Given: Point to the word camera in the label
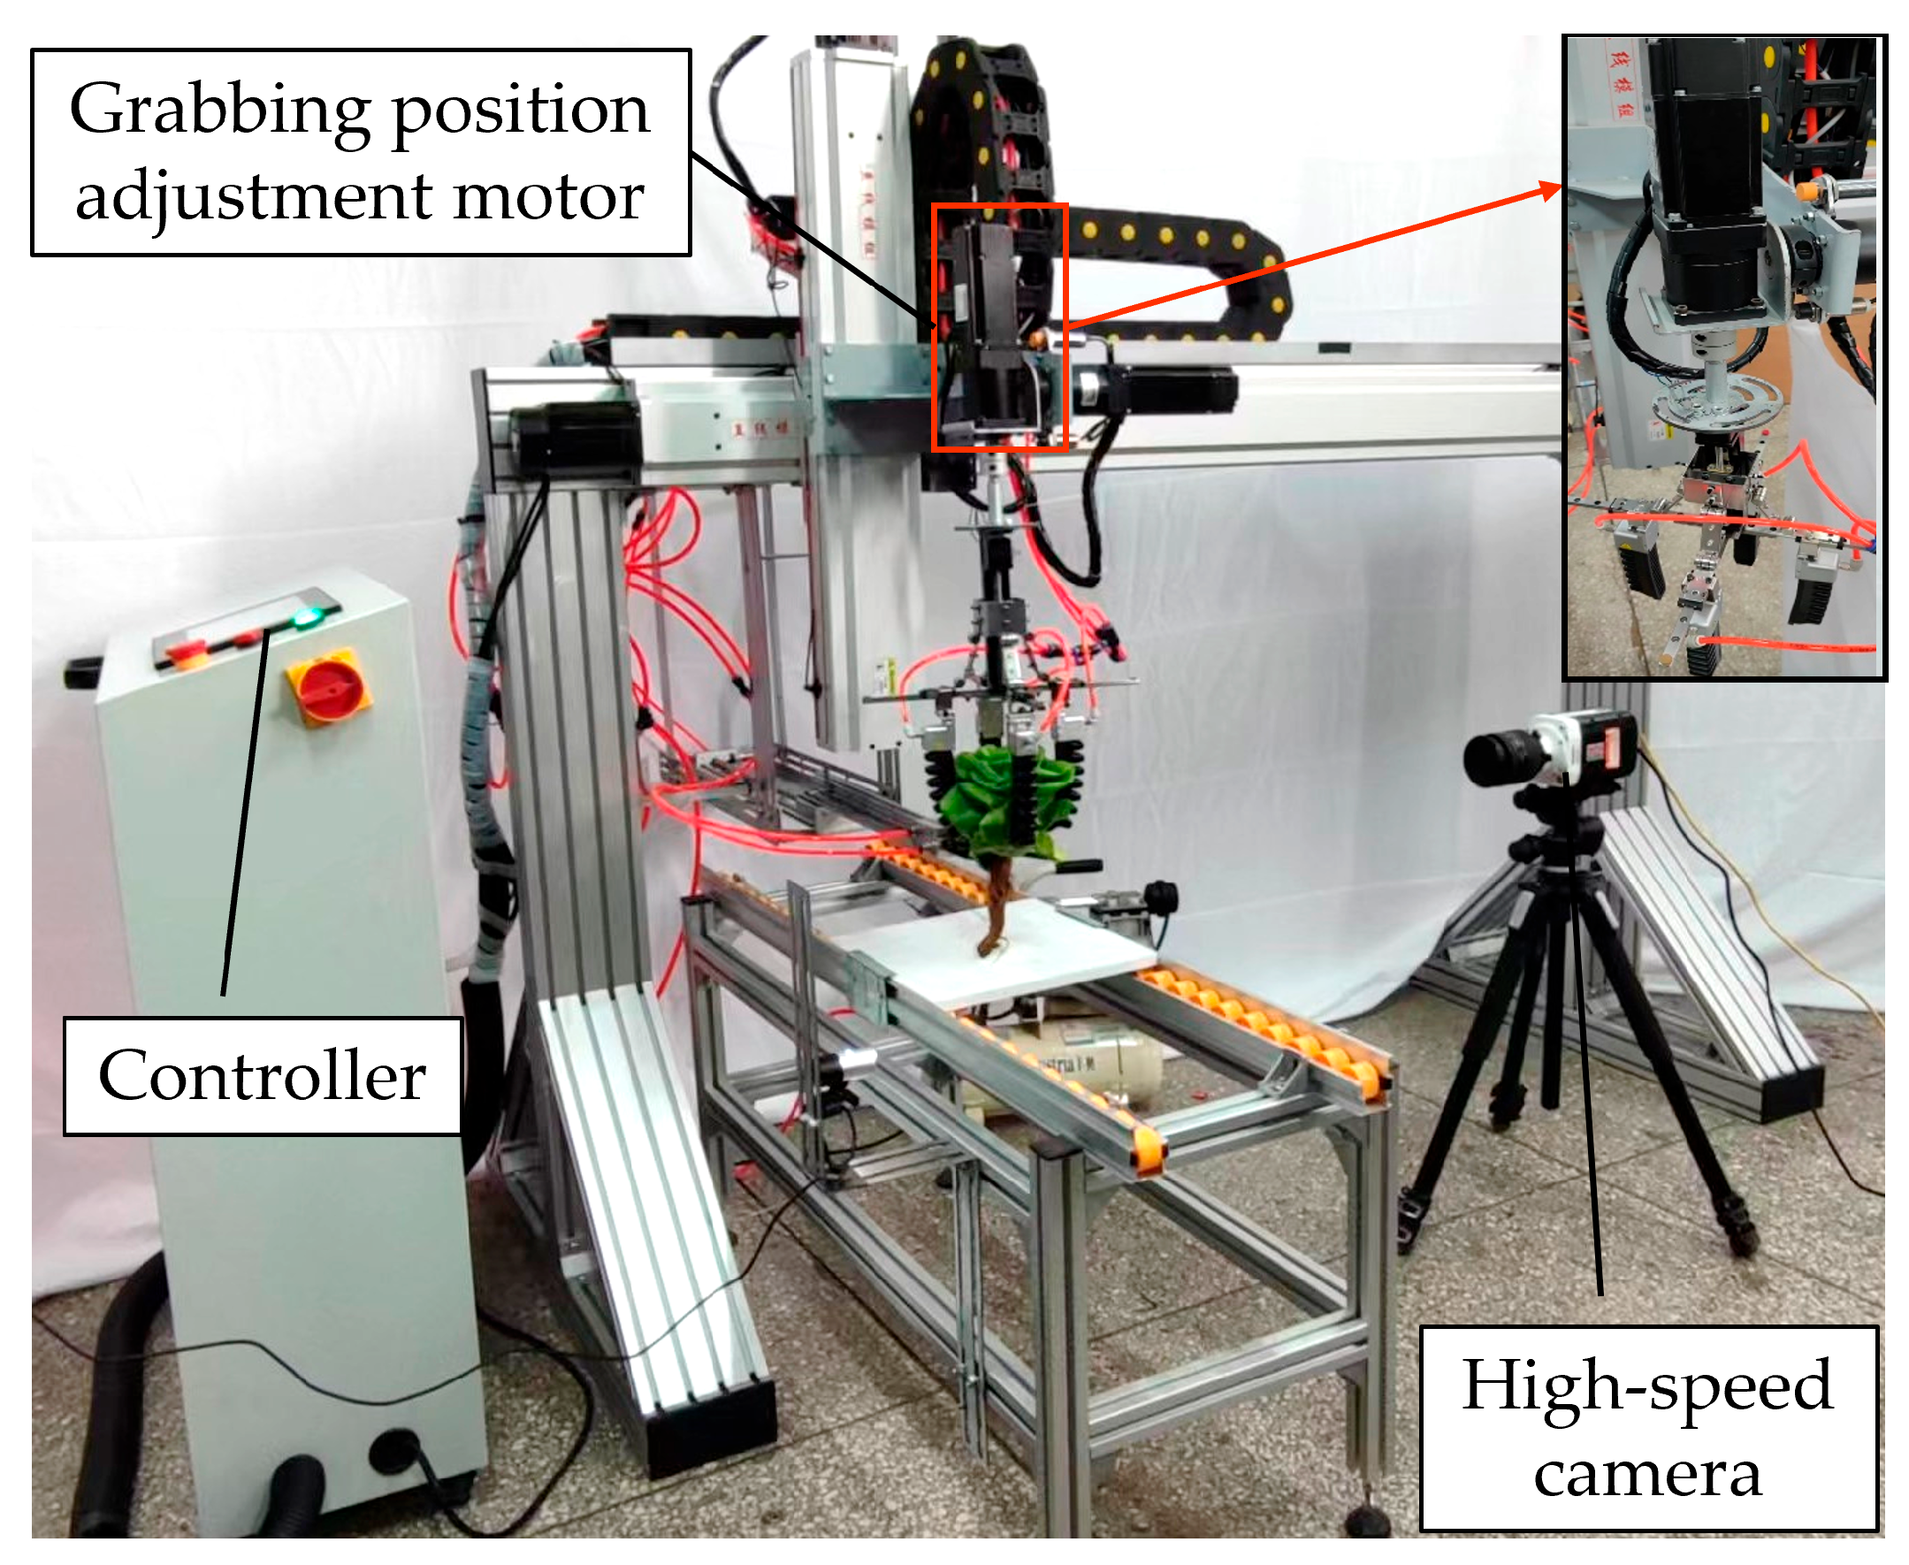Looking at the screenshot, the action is click(x=1646, y=1475).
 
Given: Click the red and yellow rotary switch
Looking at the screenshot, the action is click(x=329, y=686).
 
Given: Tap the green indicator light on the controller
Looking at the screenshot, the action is click(x=307, y=617).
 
